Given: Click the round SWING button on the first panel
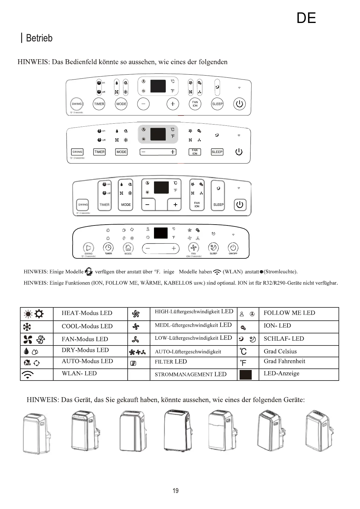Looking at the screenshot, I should coord(77,104).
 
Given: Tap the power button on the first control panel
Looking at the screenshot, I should coord(239,104).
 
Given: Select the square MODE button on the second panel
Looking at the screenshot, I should coord(121,152).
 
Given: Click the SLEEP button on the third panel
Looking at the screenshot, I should coord(218,205).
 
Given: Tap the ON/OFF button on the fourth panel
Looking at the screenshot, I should coord(233,248).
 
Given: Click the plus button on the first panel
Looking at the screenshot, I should coord(172,104).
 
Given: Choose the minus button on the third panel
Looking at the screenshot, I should coord(148,205).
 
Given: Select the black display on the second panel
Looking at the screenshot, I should coord(158,134).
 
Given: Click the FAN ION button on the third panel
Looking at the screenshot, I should coord(197,205).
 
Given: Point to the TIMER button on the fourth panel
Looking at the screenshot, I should coord(108,248).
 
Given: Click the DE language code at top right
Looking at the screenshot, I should coord(306,18).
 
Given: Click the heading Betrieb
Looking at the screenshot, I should coord(39,38).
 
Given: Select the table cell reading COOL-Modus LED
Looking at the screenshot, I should coord(87,326).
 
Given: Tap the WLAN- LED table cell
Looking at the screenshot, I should coord(79,374).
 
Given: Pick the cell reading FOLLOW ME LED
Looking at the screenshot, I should coord(289,313).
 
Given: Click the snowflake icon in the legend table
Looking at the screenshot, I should coord(27,327).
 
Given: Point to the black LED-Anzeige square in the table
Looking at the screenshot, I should coord(245,374).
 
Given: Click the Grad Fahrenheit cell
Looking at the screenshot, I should coord(284,361).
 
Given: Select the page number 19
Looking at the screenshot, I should coord(175,491).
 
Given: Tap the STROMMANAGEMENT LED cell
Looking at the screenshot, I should coord(191,374).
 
